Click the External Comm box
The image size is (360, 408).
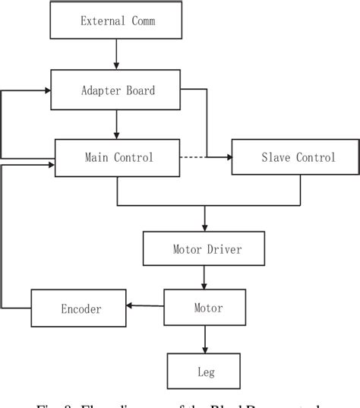(x=117, y=21)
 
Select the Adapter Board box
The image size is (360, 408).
(x=117, y=90)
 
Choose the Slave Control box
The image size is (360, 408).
(x=295, y=157)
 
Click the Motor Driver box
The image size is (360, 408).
(x=204, y=248)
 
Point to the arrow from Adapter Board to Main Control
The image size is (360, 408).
(x=117, y=122)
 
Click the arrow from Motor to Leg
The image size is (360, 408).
(x=204, y=339)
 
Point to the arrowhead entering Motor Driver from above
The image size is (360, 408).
(x=204, y=227)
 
